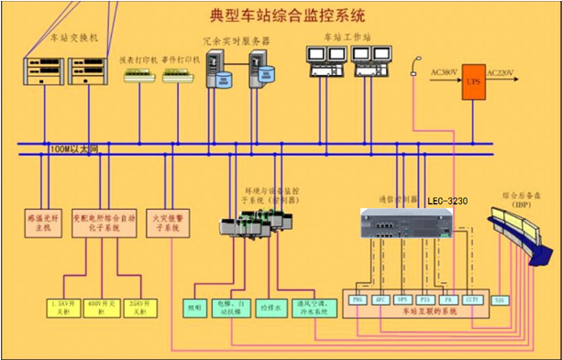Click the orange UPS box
[x=474, y=81]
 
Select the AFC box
[x=380, y=300]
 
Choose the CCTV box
[x=470, y=300]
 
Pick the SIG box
[x=500, y=300]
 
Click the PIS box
[x=424, y=300]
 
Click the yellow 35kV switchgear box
[x=138, y=307]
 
